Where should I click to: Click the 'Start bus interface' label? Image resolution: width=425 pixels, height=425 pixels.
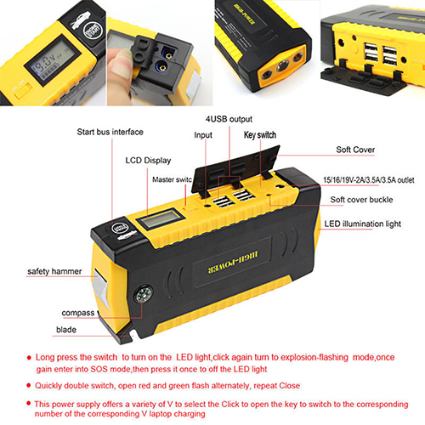[110, 132]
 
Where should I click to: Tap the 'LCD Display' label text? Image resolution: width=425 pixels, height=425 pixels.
[148, 161]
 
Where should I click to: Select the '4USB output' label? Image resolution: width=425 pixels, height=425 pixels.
[229, 119]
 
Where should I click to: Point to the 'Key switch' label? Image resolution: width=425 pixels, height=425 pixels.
[260, 135]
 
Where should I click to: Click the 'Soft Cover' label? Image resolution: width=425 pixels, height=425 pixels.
[355, 150]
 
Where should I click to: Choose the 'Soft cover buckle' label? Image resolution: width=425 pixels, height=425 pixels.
[361, 200]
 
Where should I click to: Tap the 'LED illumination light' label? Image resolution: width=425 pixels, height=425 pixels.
[363, 224]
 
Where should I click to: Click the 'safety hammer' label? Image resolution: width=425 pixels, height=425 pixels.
[54, 271]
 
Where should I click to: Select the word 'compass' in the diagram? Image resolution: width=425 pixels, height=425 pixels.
[78, 313]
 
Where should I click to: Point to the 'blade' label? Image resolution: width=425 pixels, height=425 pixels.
[66, 330]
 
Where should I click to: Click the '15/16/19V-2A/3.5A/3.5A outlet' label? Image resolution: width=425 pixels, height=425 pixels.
[369, 180]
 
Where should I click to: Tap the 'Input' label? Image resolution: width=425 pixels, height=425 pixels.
[203, 135]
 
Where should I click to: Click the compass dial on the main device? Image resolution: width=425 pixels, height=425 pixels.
[144, 295]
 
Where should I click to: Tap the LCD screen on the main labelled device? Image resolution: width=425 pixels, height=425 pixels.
[161, 218]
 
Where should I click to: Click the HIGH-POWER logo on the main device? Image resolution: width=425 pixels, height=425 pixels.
[233, 263]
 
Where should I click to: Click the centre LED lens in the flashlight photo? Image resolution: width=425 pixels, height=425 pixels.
[282, 67]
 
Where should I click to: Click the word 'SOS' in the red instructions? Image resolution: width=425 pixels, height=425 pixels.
[99, 369]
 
